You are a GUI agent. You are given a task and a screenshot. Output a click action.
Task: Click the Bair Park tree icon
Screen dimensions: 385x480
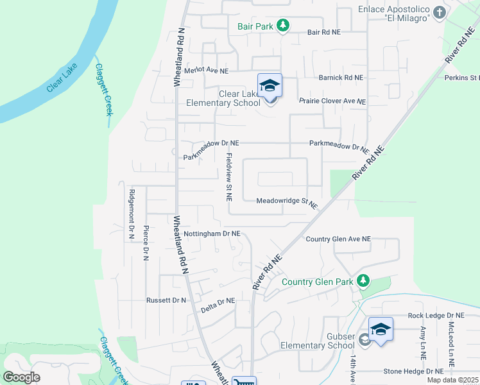pyautogui.click(x=283, y=26)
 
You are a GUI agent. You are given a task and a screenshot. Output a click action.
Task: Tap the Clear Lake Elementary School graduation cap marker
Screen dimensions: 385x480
pyautogui.click(x=270, y=85)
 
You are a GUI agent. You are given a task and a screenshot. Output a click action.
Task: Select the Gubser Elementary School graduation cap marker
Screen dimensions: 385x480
pyautogui.click(x=381, y=330)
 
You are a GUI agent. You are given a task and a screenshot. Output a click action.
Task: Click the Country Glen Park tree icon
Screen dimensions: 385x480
pyautogui.click(x=363, y=281)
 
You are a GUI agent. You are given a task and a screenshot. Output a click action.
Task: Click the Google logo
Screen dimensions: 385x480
pyautogui.click(x=21, y=377)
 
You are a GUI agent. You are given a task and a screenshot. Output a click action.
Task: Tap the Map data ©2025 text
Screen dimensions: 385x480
pyautogui.click(x=452, y=380)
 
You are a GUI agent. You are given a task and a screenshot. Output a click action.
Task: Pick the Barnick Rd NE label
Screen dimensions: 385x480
pyautogui.click(x=341, y=78)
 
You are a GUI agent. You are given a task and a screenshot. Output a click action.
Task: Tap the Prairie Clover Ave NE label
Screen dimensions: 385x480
pyautogui.click(x=332, y=101)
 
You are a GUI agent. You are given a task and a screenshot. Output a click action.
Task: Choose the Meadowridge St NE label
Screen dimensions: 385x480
pyautogui.click(x=287, y=202)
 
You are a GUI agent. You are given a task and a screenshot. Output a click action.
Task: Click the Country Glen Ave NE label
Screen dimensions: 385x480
pyautogui.click(x=338, y=239)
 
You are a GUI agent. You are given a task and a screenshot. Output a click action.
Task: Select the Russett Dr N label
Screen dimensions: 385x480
pyautogui.click(x=166, y=300)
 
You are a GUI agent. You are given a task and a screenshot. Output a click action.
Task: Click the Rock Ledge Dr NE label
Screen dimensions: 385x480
pyautogui.click(x=435, y=316)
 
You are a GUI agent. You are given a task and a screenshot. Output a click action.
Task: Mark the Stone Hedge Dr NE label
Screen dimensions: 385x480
pyautogui.click(x=413, y=371)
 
